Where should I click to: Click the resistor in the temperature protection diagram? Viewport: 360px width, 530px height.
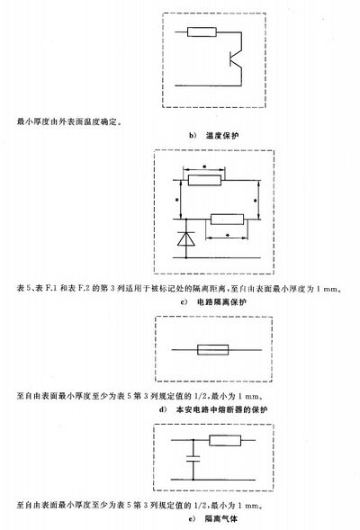[202, 32]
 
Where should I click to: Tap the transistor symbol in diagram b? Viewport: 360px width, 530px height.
[236, 58]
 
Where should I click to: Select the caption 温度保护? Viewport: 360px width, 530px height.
[222, 136]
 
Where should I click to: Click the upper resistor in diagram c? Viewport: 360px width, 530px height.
[204, 180]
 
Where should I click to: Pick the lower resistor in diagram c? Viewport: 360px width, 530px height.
[227, 220]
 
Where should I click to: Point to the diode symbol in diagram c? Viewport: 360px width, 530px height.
[186, 238]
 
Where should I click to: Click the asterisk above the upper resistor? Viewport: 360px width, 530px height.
[203, 166]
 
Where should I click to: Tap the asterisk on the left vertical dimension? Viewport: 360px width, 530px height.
[176, 200]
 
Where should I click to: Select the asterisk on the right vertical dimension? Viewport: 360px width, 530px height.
[256, 201]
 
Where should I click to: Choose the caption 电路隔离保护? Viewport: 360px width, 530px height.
[221, 301]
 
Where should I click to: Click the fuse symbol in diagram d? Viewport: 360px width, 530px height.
[213, 350]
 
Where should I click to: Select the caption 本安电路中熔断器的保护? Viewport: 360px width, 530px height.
[221, 409]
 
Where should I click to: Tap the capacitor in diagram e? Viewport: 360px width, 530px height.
[193, 458]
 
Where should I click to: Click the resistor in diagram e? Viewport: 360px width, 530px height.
[225, 440]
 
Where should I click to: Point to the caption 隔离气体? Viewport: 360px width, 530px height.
[221, 518]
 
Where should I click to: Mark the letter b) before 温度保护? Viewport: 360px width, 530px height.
[193, 136]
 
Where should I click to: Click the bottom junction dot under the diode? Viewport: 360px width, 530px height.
[186, 258]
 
